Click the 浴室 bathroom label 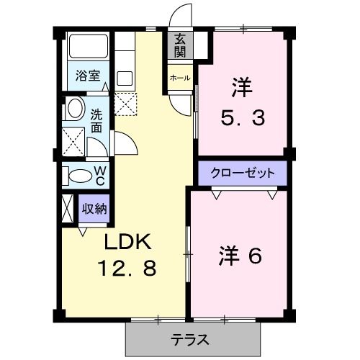pos(89,74)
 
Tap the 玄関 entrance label pos(179,45)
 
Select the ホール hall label pos(179,78)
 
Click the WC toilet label pos(100,175)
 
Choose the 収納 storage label pos(94,210)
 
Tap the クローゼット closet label pos(243,173)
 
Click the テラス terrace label pos(191,339)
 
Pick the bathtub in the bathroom pos(88,48)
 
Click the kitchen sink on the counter pos(125,78)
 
